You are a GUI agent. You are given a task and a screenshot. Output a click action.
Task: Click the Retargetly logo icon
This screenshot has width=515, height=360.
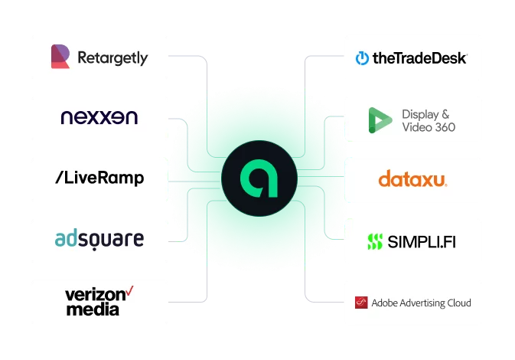pyautogui.click(x=60, y=57)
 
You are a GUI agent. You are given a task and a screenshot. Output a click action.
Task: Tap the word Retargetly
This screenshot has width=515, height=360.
pyautogui.click(x=112, y=57)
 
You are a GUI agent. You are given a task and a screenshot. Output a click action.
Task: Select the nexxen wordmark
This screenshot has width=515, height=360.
pyautogui.click(x=99, y=118)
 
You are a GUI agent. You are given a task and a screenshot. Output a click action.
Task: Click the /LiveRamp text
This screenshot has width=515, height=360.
pyautogui.click(x=99, y=178)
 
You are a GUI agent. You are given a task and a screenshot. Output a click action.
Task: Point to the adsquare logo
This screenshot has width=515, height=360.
pyautogui.click(x=99, y=240)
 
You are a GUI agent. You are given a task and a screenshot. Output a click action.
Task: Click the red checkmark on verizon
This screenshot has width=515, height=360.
pyautogui.click(x=130, y=290)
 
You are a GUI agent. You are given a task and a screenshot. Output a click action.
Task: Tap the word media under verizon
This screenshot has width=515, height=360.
pyautogui.click(x=93, y=309)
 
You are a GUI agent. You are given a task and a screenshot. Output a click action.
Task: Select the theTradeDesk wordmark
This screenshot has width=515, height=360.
pyautogui.click(x=419, y=57)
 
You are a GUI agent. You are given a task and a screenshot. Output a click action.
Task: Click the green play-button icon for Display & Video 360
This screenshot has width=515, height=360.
pyautogui.click(x=380, y=119)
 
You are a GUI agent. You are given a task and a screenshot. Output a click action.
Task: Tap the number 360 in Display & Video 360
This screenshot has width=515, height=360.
pyautogui.click(x=441, y=126)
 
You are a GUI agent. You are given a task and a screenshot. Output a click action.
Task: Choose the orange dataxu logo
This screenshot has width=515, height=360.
pyautogui.click(x=413, y=180)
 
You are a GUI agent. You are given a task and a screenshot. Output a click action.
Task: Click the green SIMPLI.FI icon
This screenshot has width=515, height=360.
pyautogui.click(x=374, y=242)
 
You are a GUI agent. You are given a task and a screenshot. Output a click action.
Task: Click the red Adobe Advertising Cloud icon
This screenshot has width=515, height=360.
pyautogui.click(x=361, y=303)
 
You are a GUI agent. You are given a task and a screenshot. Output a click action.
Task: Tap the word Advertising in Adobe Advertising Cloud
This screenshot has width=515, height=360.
pyautogui.click(x=423, y=303)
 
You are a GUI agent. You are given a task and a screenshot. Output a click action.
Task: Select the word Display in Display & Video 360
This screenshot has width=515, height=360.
pyautogui.click(x=420, y=114)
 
